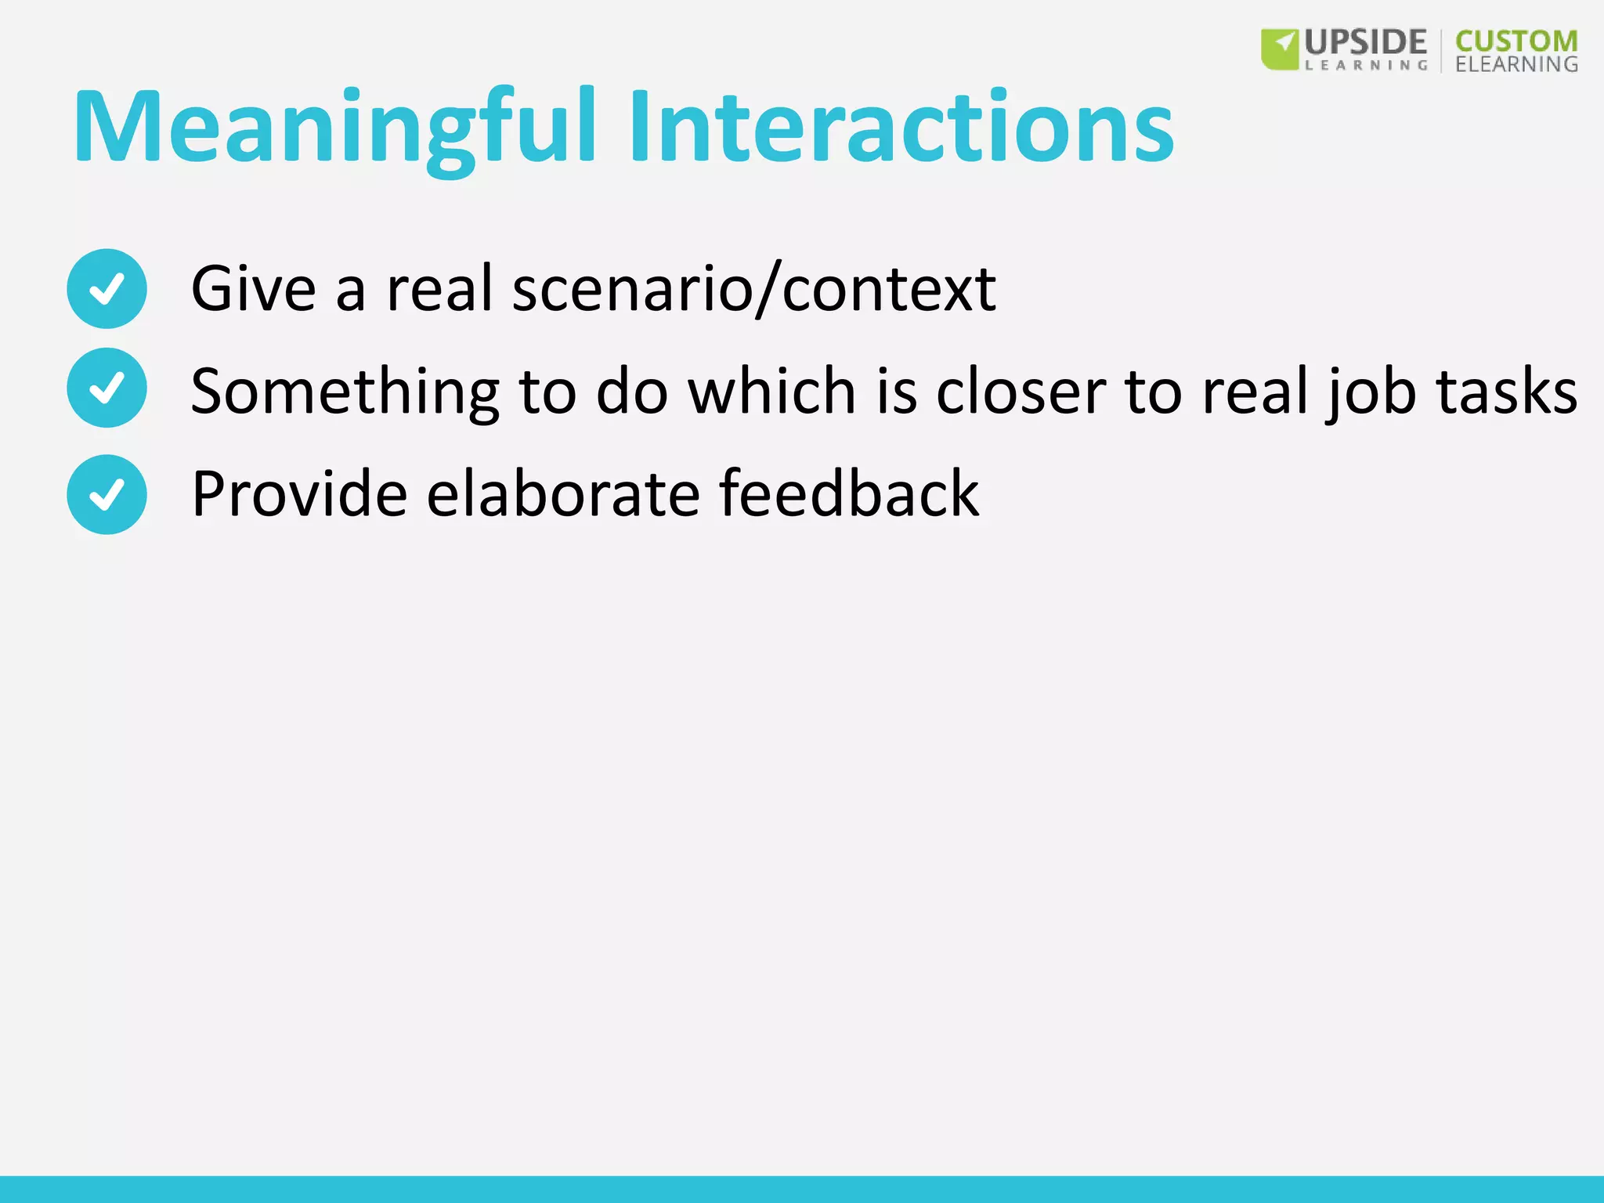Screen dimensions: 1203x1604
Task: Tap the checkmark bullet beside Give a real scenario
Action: coord(107,288)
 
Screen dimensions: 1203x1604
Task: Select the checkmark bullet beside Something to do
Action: coord(107,388)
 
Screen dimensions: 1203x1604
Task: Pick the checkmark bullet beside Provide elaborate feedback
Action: coord(107,494)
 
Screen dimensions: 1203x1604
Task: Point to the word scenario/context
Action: coord(753,290)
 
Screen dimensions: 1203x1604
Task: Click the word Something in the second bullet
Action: coord(345,391)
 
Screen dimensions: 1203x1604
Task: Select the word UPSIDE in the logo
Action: coord(1366,42)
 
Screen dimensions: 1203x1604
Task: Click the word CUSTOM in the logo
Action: coord(1516,41)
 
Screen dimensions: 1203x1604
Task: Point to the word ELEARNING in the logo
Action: coord(1516,64)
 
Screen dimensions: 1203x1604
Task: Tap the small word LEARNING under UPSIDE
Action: coord(1366,66)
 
